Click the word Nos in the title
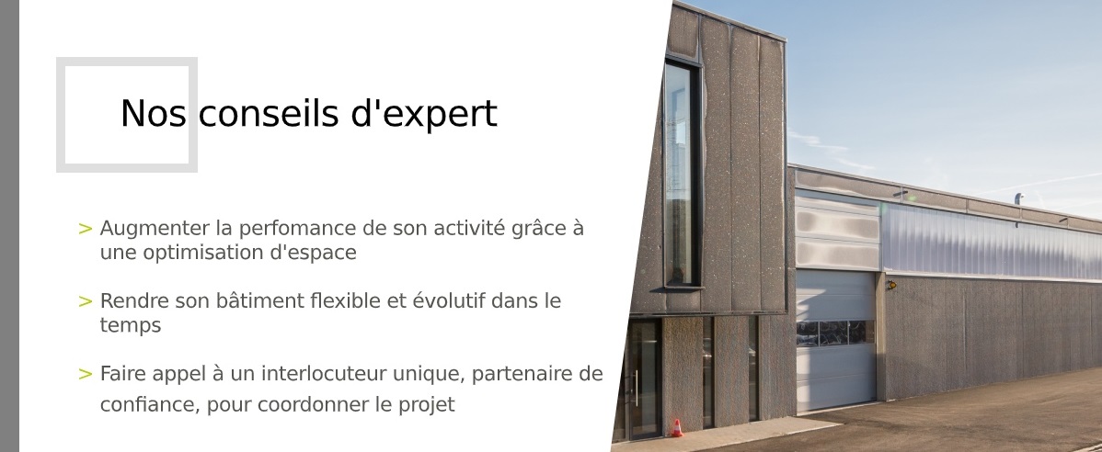(154, 114)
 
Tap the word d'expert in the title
(424, 115)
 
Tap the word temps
(130, 326)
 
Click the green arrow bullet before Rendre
(85, 302)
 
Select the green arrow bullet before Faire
(85, 374)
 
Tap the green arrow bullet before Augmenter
(85, 229)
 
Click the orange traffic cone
(676, 427)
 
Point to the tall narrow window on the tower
(681, 174)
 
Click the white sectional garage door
(835, 341)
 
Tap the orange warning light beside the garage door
(891, 285)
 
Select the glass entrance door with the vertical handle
(642, 379)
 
